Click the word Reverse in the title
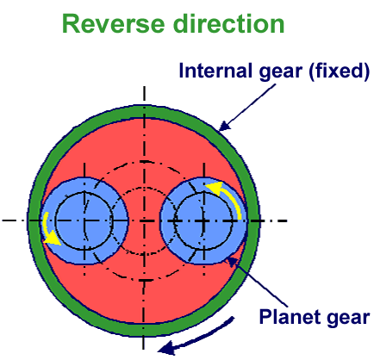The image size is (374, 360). point(113,24)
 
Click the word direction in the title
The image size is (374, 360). point(229,24)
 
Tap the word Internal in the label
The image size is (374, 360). point(212,71)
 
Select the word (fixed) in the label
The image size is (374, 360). point(340,71)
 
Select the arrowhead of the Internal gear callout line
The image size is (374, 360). point(224,126)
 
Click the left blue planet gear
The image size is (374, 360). point(84,220)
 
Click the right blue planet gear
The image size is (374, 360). point(203,220)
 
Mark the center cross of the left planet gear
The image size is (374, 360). point(84,220)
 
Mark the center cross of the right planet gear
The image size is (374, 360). point(203,220)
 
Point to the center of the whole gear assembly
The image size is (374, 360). point(144,220)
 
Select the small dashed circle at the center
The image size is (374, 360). point(144,188)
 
